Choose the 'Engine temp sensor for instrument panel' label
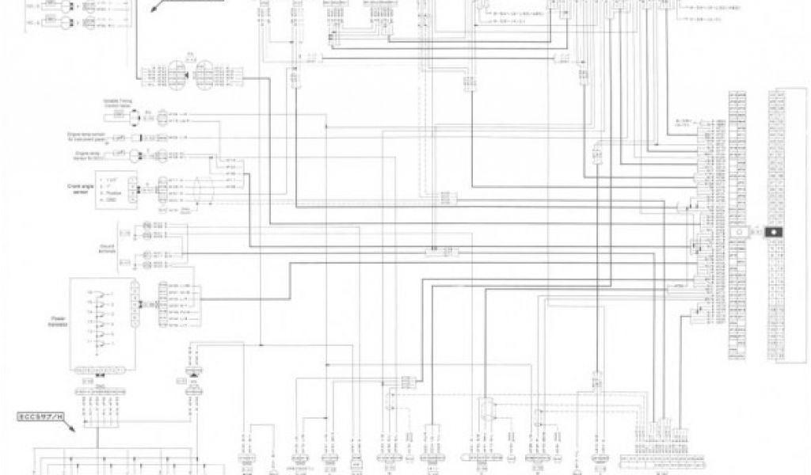pos(91,136)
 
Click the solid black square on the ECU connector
pos(773,232)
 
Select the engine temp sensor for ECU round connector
pos(145,154)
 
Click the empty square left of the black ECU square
pos(748,232)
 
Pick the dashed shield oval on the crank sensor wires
pos(208,190)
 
